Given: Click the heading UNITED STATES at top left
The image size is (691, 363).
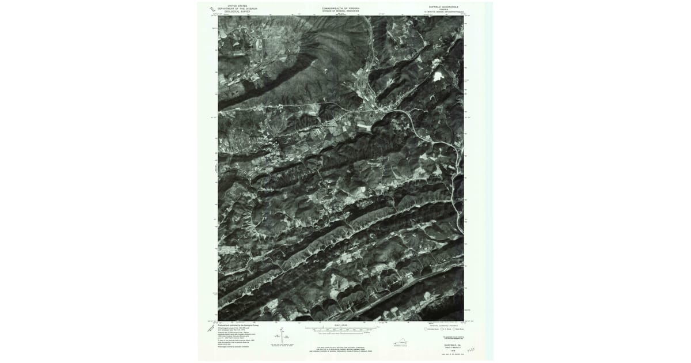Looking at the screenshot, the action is pyautogui.click(x=237, y=5).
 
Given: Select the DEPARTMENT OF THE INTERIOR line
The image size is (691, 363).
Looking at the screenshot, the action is pyautogui.click(x=237, y=8).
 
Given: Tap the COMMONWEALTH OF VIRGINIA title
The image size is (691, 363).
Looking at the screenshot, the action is pyautogui.click(x=341, y=8).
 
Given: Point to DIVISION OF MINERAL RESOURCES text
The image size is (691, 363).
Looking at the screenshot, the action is pyautogui.click(x=341, y=11).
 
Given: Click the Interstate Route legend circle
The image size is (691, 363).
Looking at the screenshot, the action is pyautogui.click(x=427, y=329).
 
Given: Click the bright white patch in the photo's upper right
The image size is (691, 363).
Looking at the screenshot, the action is pyautogui.click(x=439, y=75).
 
